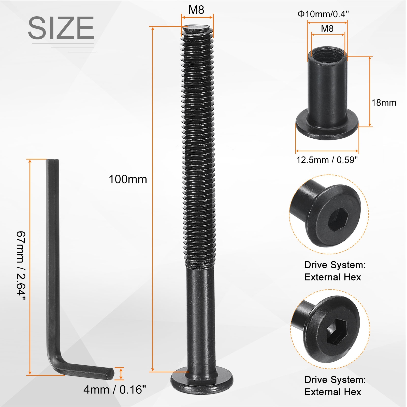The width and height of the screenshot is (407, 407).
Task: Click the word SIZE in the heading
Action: click(61, 28)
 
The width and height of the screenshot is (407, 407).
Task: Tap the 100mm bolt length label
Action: click(128, 179)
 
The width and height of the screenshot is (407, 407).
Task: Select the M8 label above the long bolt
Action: click(196, 10)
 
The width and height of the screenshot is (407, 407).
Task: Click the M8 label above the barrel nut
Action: click(327, 28)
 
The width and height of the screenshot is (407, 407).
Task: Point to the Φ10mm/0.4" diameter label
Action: click(323, 14)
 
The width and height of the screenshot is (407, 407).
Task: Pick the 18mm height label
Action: click(384, 103)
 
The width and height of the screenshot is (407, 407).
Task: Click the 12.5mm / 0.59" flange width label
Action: click(327, 160)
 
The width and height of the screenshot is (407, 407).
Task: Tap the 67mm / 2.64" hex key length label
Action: click(21, 266)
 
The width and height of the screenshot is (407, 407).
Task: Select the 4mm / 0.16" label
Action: click(115, 389)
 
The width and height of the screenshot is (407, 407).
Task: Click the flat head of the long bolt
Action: click(202, 381)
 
